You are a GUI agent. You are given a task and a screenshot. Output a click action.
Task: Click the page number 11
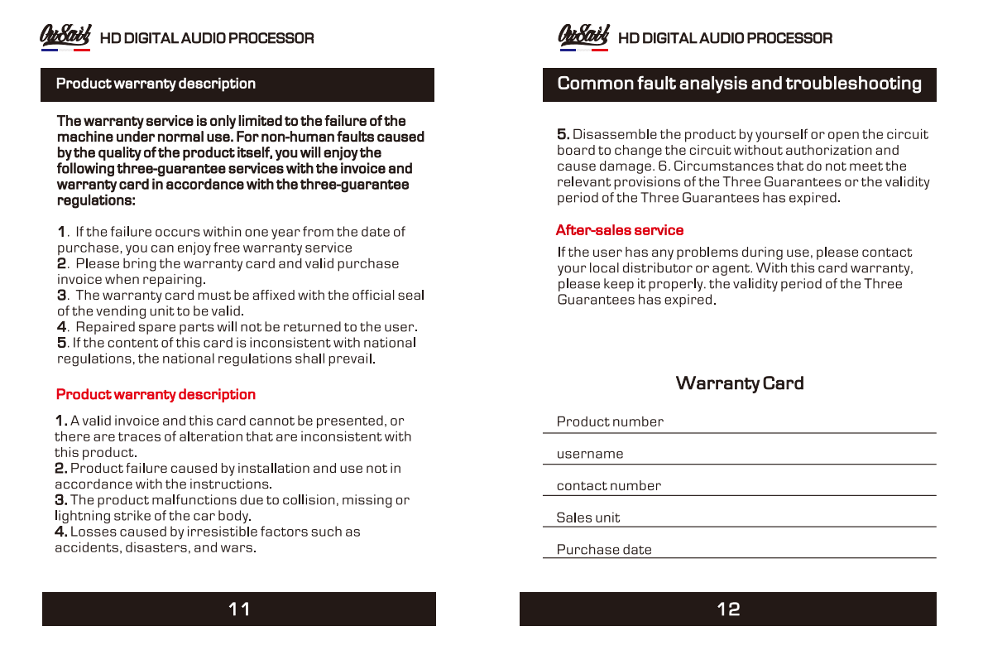click(x=239, y=609)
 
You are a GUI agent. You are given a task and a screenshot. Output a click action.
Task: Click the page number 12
click(x=728, y=609)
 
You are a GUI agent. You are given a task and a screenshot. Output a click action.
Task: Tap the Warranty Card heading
click(x=740, y=383)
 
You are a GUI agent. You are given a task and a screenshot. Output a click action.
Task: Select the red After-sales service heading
click(x=620, y=230)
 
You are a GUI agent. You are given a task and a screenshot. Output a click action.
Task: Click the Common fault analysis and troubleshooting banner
click(x=739, y=84)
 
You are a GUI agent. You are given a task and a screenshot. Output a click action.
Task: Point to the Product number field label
click(x=610, y=421)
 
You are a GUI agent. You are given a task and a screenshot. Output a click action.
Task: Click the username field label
click(x=590, y=454)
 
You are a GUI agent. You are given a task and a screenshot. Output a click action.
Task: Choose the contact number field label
click(x=609, y=486)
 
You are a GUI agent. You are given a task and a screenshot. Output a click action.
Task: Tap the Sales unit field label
click(x=588, y=518)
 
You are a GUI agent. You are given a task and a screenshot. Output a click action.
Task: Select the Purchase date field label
click(x=604, y=550)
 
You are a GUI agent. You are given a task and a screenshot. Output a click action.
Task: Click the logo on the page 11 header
click(x=65, y=36)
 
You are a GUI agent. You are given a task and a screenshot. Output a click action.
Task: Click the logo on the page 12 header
click(x=584, y=36)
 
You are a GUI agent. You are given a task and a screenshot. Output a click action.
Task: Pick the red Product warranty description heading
click(x=156, y=394)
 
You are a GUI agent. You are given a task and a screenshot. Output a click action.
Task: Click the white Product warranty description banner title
click(x=156, y=84)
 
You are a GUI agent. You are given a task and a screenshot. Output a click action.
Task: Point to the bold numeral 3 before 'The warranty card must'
click(x=61, y=296)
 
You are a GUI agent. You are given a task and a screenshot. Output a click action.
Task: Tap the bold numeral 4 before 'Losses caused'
click(x=60, y=532)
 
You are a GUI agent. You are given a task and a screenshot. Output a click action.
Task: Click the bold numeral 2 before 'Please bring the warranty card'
click(x=61, y=263)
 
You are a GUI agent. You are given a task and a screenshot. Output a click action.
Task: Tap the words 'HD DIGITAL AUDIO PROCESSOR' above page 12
click(x=725, y=38)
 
